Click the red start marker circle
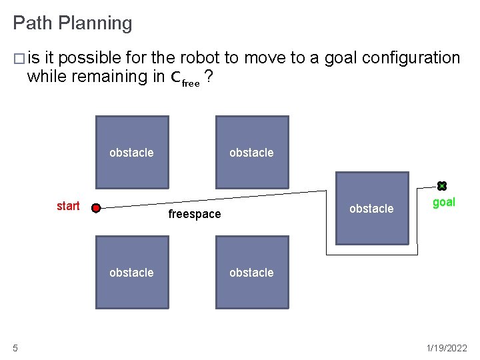[x=96, y=208]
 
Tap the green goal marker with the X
[x=441, y=186]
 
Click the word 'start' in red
[x=68, y=206]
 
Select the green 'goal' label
[x=444, y=203]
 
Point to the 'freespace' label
[x=194, y=214]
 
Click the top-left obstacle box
[x=132, y=153]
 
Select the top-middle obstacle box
[x=252, y=153]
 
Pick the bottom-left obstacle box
[x=132, y=272]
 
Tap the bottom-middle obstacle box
[x=252, y=272]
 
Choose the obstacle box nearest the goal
[x=371, y=209]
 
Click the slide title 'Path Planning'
[x=73, y=23]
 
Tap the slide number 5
[x=15, y=347]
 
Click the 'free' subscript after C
[x=191, y=84]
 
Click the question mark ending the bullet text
[x=209, y=77]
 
